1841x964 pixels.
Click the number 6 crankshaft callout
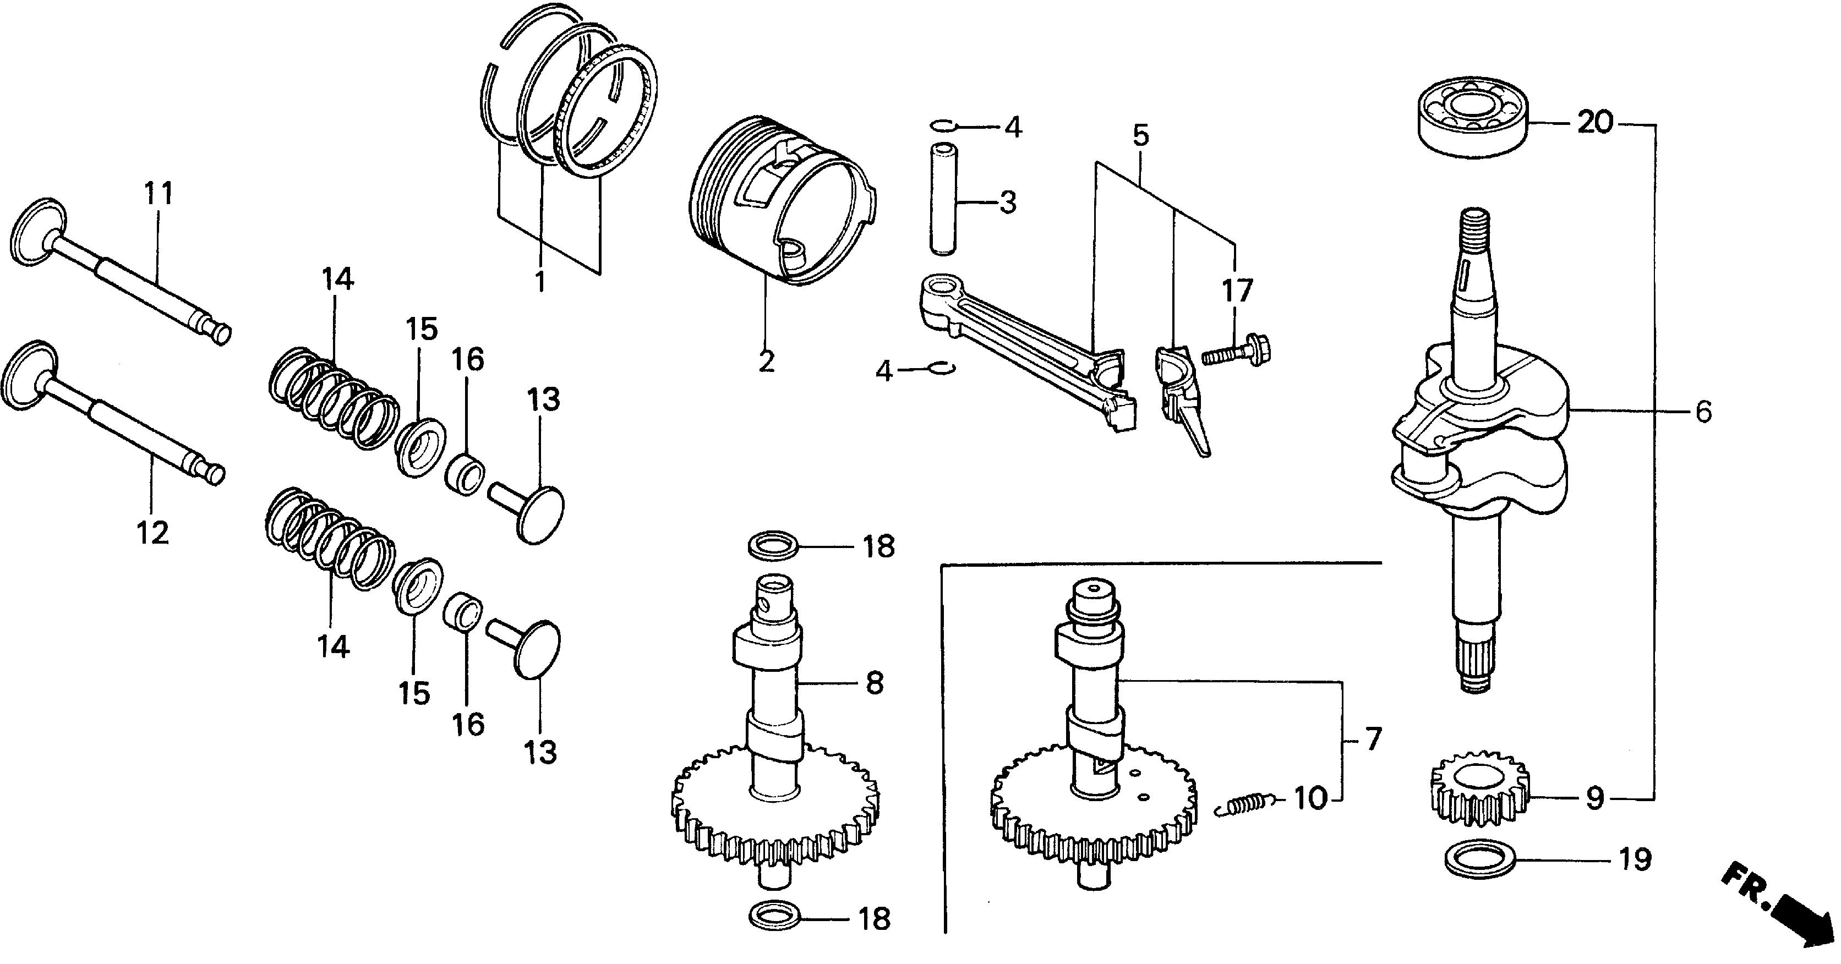[1704, 412]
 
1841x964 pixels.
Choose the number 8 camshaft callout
[875, 684]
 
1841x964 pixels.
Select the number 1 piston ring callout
[540, 281]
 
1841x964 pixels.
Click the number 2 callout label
[766, 362]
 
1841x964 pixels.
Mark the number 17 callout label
[1237, 292]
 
